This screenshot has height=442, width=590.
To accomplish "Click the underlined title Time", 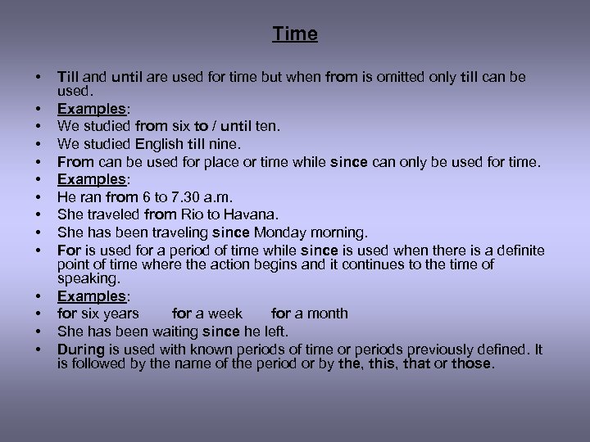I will pyautogui.click(x=295, y=34).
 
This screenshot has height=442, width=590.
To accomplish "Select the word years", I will pyautogui.click(x=120, y=313).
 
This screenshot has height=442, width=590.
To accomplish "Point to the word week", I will pyautogui.click(x=225, y=313).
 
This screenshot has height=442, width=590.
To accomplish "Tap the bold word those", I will pyautogui.click(x=471, y=363).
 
